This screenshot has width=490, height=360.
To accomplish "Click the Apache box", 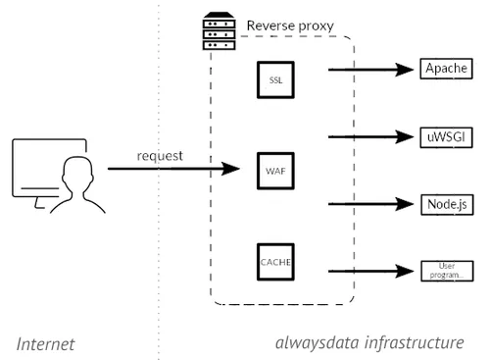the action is click(x=446, y=69).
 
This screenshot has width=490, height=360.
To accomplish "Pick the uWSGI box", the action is click(x=446, y=137).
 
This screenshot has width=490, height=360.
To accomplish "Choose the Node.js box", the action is click(x=447, y=205).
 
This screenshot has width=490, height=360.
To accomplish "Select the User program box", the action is click(x=447, y=271).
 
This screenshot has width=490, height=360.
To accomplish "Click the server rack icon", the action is click(x=219, y=31).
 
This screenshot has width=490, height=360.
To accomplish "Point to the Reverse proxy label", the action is click(x=290, y=26).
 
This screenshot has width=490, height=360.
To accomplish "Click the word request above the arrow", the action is click(x=160, y=156).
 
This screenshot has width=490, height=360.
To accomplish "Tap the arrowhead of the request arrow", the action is click(x=230, y=169).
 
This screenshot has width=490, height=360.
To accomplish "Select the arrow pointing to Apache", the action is click(x=371, y=70).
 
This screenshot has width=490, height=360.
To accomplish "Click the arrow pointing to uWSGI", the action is click(x=371, y=136).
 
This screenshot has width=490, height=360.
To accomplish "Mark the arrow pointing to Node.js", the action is click(x=371, y=204).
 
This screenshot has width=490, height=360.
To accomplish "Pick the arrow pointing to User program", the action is click(x=371, y=271).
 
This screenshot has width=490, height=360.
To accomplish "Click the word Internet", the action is click(x=45, y=344).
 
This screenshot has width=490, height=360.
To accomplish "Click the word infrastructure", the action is click(x=415, y=342).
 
